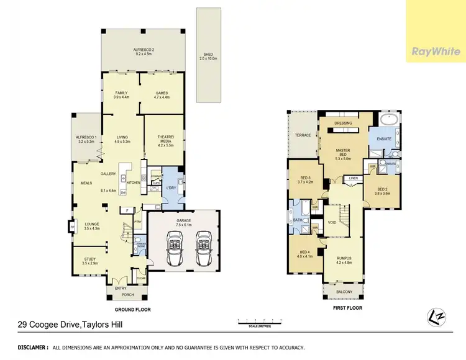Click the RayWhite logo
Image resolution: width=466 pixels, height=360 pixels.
click(x=436, y=52)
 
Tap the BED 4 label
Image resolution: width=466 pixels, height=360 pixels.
click(x=303, y=253)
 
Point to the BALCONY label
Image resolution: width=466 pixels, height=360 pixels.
click(x=344, y=292)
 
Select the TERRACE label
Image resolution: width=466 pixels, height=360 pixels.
click(x=303, y=134)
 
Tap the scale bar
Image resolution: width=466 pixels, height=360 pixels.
click(x=260, y=321)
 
